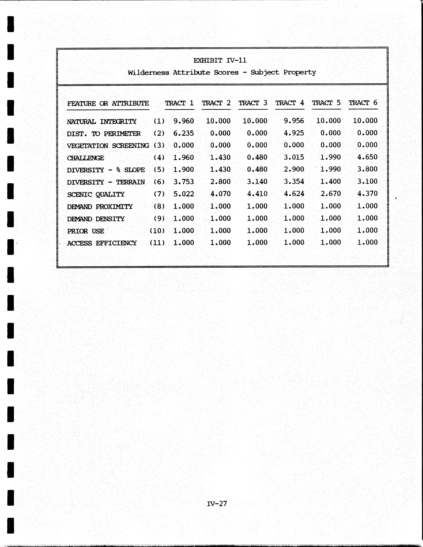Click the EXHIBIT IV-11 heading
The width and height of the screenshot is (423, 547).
(220, 60)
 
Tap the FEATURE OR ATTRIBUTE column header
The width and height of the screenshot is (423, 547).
(108, 103)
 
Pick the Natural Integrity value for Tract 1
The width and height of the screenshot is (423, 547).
(184, 121)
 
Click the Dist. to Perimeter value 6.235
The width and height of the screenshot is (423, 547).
(184, 133)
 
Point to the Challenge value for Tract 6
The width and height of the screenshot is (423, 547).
(367, 157)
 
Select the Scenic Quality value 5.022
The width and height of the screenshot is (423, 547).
(184, 194)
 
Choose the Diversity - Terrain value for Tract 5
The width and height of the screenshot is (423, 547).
(331, 181)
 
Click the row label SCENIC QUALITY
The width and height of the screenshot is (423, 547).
(96, 194)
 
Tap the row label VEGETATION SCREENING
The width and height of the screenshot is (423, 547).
(108, 146)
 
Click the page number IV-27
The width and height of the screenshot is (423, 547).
(217, 503)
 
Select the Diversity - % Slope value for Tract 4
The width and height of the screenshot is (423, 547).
(294, 169)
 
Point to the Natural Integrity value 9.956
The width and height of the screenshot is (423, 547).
(294, 121)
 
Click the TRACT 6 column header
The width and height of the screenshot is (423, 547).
(363, 103)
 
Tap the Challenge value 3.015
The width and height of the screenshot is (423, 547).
(294, 157)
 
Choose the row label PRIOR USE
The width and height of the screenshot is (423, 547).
(86, 231)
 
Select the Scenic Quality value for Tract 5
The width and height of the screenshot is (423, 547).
(331, 194)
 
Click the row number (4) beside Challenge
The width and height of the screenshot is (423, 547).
(159, 158)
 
